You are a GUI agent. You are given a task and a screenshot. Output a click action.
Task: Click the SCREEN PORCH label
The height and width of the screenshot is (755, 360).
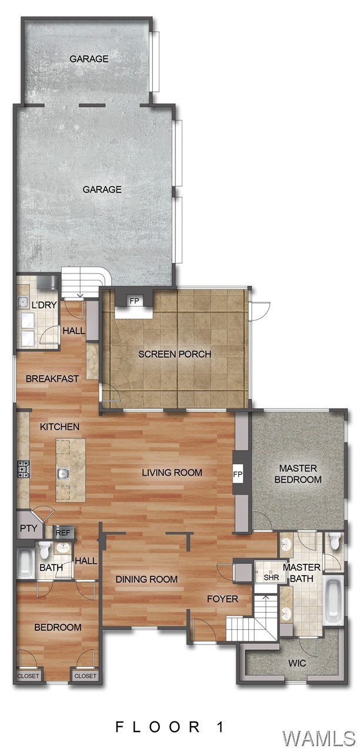(175, 354)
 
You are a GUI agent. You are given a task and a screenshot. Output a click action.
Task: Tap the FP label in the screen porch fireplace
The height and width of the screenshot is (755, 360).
(135, 301)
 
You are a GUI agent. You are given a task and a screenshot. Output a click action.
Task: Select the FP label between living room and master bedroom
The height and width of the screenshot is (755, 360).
(238, 474)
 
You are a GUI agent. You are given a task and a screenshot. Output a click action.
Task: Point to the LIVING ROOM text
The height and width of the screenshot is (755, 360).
(172, 472)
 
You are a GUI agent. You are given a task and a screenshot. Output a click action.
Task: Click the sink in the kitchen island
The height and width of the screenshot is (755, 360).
(63, 473)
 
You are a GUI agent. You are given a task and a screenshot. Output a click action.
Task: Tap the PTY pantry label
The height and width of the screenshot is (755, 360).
(28, 529)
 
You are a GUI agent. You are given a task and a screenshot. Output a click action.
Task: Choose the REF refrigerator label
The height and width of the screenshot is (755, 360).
(63, 533)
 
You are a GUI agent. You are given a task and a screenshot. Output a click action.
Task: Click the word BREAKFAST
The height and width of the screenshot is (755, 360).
(52, 379)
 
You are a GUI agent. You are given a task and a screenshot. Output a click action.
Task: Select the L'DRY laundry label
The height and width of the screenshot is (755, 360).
(26, 306)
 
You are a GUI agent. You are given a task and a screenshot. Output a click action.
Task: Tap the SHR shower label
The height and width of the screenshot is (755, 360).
(271, 577)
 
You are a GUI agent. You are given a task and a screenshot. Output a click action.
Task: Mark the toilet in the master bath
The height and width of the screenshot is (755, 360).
(335, 542)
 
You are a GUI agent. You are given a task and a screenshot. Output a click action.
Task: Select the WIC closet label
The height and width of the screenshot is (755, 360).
(296, 663)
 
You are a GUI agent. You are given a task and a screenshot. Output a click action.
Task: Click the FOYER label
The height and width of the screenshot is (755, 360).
(222, 599)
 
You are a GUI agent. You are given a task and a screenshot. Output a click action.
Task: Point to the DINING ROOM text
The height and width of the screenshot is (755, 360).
(146, 579)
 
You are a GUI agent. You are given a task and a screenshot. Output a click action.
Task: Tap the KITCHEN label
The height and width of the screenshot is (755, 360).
(59, 426)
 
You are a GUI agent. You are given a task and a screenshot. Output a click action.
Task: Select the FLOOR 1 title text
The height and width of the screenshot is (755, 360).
(170, 727)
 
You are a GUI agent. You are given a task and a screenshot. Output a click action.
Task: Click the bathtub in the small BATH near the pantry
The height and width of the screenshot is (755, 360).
(25, 563)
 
